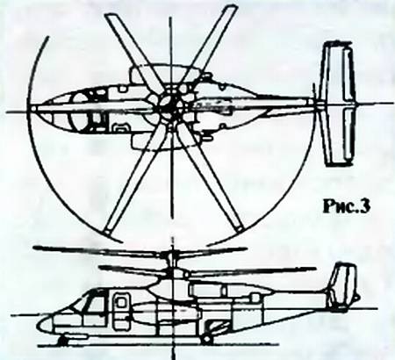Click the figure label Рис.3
click(x=347, y=207)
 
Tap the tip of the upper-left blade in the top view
click(x=110, y=18)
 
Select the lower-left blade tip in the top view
click(x=108, y=231)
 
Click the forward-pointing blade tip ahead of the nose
click(x=33, y=109)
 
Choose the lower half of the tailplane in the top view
click(x=339, y=134)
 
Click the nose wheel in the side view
click(x=62, y=341)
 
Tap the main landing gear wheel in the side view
click(x=207, y=339)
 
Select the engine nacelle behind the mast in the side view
click(x=208, y=290)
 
